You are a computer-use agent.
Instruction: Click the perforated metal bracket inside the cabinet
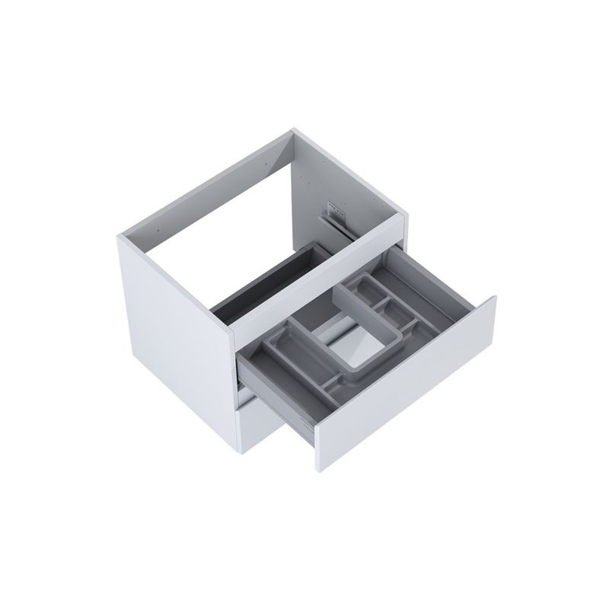pyautogui.click(x=332, y=206)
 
